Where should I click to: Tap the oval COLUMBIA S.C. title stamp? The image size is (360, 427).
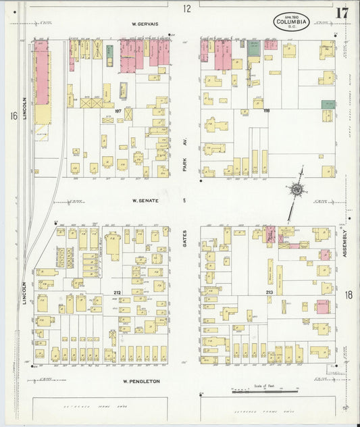tap(292, 22)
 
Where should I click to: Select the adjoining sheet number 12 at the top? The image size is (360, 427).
tap(187, 8)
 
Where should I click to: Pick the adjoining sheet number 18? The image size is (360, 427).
tap(349, 295)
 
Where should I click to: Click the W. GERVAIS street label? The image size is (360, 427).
tap(145, 24)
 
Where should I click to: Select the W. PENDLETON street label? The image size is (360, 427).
tap(140, 381)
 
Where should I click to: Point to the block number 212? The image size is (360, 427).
tap(117, 293)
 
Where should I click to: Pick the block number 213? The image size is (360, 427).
tap(269, 293)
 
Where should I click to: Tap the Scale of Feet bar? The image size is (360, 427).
tap(265, 391)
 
